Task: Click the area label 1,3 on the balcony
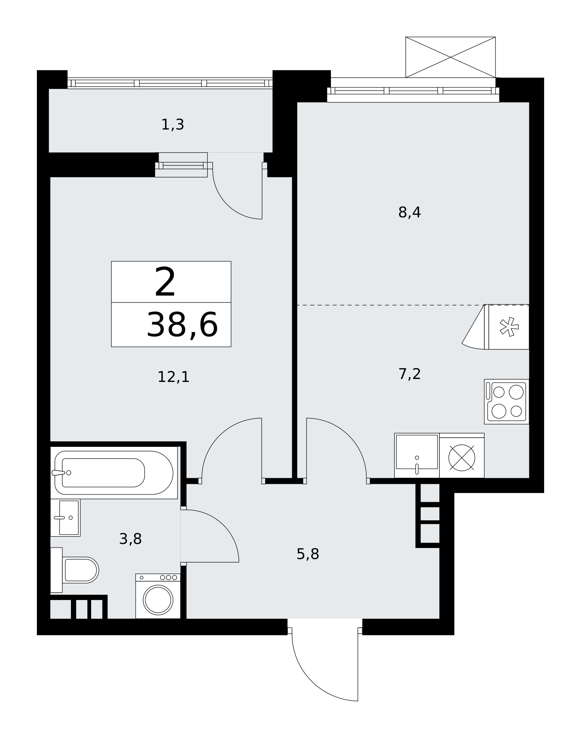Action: [173, 125]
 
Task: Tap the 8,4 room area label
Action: [409, 213]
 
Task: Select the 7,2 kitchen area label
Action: [409, 374]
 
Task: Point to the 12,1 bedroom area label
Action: [173, 377]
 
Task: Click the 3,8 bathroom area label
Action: [131, 539]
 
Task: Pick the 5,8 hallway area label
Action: [308, 554]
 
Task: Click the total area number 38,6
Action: [182, 325]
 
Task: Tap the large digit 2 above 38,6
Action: [165, 282]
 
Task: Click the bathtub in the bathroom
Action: [114, 473]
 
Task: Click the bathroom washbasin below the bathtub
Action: [65, 518]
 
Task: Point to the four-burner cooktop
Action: [506, 401]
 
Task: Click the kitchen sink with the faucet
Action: [417, 455]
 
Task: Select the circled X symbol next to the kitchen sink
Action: [461, 458]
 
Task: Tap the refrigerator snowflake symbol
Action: [509, 327]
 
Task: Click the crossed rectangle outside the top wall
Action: [450, 57]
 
